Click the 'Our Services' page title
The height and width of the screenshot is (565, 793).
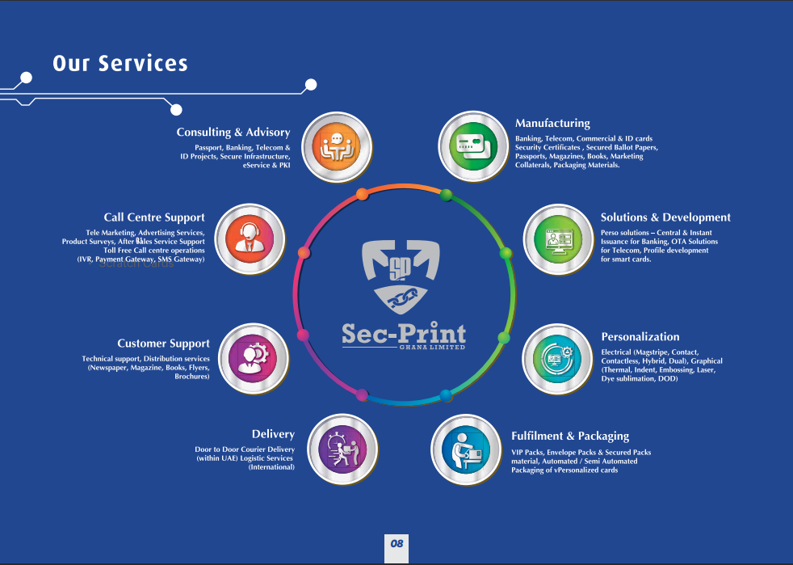click(120, 63)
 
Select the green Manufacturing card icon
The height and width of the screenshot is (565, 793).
click(472, 146)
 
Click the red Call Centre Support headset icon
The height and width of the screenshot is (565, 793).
click(251, 238)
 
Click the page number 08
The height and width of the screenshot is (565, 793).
click(396, 543)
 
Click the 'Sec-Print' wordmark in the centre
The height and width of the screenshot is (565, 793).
click(404, 333)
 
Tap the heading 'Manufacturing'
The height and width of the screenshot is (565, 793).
click(552, 124)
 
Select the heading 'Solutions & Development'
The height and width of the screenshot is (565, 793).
click(665, 217)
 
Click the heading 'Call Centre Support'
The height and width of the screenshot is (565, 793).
click(154, 217)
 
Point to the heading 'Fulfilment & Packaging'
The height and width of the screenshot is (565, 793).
click(570, 436)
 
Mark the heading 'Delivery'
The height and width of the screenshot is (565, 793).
click(273, 435)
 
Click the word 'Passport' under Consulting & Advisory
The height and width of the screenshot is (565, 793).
click(208, 148)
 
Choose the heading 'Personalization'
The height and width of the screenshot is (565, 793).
click(640, 337)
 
